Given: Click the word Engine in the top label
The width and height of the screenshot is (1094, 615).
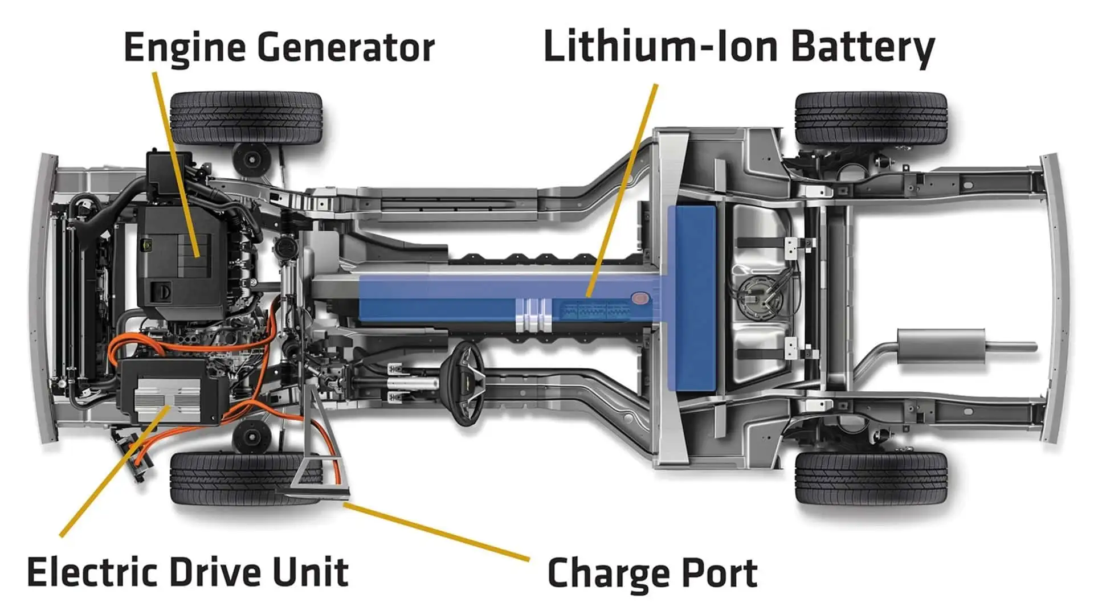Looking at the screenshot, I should coord(186,48).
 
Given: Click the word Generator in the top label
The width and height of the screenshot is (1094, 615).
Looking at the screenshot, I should coord(346,48).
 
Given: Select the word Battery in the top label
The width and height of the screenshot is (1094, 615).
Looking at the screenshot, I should coord(863,47).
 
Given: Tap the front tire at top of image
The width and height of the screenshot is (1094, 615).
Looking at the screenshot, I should coord(246,118).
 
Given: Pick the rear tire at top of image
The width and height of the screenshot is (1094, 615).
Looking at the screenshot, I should coord(871,119).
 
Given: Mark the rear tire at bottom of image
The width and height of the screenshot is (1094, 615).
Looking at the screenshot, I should coord(871,478).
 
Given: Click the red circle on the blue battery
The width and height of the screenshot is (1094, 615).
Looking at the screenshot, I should coord(640,298).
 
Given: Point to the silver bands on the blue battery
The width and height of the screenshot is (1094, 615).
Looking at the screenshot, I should coord(533,314).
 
